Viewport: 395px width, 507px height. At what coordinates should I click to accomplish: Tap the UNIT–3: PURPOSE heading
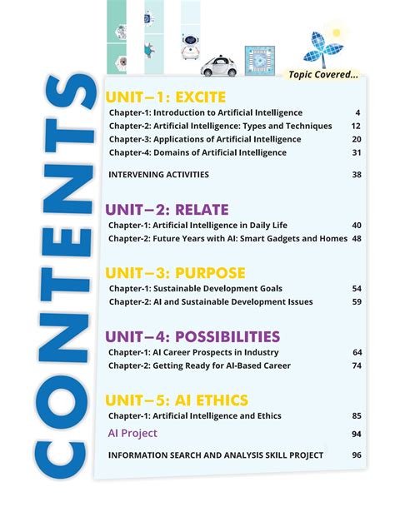tap(175, 273)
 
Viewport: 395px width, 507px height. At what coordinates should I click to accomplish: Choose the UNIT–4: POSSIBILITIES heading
tap(192, 336)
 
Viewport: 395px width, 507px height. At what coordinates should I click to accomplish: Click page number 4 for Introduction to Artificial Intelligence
tap(357, 112)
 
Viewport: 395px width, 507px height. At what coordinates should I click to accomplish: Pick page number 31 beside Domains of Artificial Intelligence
tap(356, 152)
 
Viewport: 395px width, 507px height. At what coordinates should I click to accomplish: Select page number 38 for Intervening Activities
tap(356, 175)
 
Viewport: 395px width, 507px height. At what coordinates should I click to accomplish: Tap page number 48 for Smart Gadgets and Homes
tap(356, 238)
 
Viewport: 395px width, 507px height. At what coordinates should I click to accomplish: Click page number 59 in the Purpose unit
tap(356, 302)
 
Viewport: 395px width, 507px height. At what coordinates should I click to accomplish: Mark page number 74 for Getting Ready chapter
tap(356, 365)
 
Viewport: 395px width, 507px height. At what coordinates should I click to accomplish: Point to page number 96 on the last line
tap(356, 455)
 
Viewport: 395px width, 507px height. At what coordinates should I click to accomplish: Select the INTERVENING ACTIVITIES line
tap(158, 175)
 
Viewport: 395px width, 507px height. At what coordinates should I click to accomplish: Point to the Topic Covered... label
tap(323, 75)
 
